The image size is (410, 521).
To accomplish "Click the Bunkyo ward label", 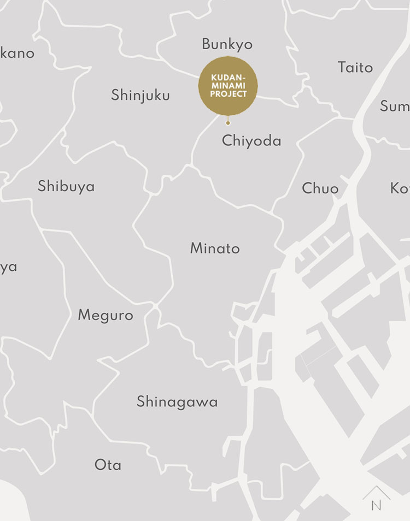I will (227, 44).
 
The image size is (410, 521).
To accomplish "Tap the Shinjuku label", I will (140, 96).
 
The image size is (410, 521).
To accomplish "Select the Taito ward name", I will (355, 67).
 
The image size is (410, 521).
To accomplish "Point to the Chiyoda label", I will (251, 141).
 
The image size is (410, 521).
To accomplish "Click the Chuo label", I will (320, 188).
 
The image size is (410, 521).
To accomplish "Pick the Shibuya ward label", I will (66, 186).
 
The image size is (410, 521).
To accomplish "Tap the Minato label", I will (215, 248).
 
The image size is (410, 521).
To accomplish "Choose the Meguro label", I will (106, 316).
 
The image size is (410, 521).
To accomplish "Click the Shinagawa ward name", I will (177, 402).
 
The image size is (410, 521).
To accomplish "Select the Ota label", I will (108, 465).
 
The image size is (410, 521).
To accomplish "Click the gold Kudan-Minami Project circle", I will (228, 86).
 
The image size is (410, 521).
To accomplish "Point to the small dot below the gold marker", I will (228, 123).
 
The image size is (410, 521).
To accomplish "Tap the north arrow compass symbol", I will (376, 493).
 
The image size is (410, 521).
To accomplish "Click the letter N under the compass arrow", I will (376, 506).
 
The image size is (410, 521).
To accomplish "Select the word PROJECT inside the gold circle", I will (229, 94).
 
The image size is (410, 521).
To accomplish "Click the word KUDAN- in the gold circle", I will (228, 78).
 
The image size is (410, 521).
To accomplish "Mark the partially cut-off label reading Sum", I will (395, 106).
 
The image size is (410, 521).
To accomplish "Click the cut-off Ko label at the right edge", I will (400, 188).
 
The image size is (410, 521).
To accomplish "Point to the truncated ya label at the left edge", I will (8, 268).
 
